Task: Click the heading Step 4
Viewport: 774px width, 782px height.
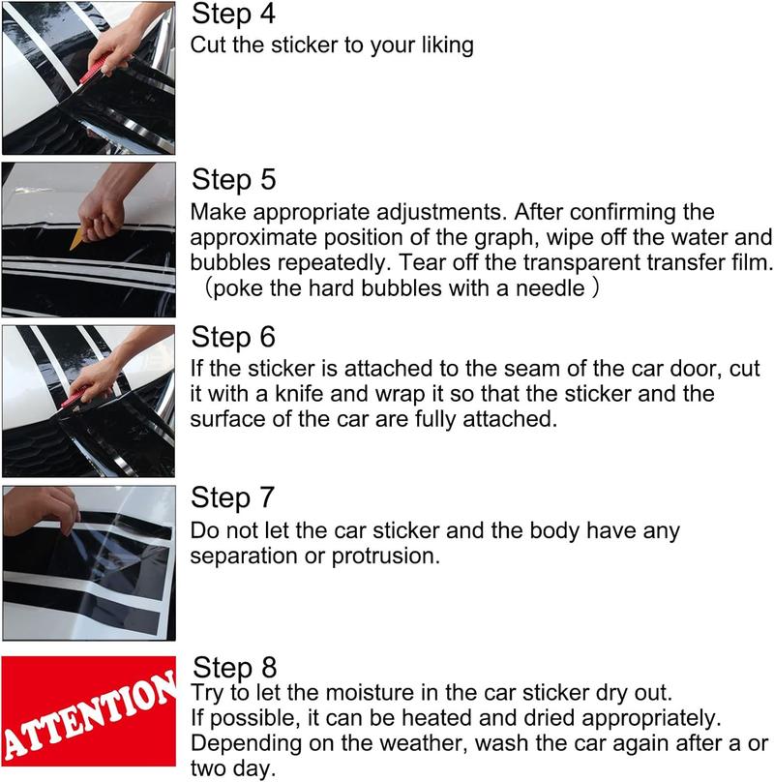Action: pos(233,15)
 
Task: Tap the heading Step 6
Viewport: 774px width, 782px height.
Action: pos(233,338)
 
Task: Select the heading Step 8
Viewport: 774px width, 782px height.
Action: pos(235,667)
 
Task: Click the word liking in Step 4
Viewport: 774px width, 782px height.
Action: pos(444,45)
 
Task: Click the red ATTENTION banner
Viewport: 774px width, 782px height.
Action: pos(87,719)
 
